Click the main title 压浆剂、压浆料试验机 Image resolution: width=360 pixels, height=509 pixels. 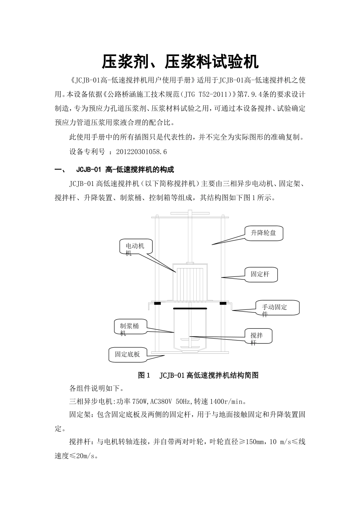(180, 62)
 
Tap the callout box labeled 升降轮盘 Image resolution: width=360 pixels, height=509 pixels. (263, 233)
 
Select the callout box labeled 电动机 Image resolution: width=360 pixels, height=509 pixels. (136, 248)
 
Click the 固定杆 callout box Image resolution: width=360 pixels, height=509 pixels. (261, 274)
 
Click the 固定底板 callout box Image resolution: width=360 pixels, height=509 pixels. (127, 354)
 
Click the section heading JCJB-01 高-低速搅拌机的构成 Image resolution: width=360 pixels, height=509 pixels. (125, 169)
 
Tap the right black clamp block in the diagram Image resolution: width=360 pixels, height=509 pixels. (222, 303)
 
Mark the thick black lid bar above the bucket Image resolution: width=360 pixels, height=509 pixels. (189, 308)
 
